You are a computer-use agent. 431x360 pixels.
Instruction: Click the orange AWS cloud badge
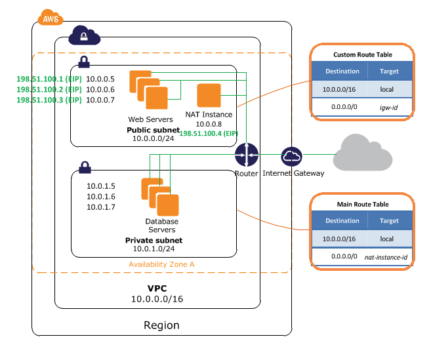click(51, 18)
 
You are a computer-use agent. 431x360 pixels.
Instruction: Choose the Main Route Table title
click(363, 205)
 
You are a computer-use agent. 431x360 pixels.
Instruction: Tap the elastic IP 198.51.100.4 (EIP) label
click(208, 133)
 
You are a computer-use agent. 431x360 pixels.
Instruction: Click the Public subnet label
click(152, 130)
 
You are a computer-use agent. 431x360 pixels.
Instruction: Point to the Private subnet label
click(154, 241)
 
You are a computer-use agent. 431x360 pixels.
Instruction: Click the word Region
click(161, 325)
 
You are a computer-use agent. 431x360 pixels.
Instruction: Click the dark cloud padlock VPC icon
click(85, 34)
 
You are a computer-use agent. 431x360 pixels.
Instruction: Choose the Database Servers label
click(161, 226)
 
